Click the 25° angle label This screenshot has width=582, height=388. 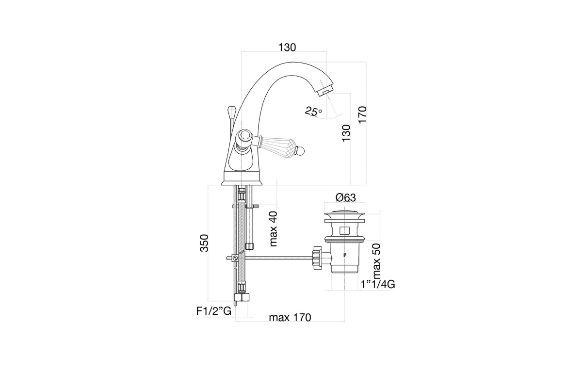click(313, 111)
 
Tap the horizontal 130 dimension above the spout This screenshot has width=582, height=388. click(287, 48)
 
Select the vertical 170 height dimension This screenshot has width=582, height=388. click(362, 114)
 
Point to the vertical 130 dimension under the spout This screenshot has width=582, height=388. click(346, 133)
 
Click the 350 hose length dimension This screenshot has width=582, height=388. click(204, 243)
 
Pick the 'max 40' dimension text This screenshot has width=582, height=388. click(274, 229)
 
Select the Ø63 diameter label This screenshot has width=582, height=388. click(345, 198)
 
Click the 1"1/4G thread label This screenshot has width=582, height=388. click(378, 285)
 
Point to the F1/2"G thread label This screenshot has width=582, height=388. click(213, 311)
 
